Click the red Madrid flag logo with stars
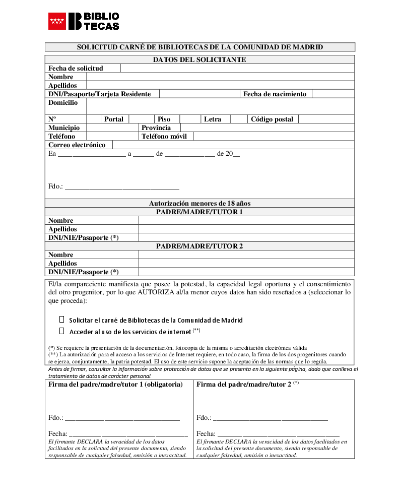(x=57, y=21)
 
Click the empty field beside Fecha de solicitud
(x=237, y=69)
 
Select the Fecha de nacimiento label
(x=275, y=94)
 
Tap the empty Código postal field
(x=326, y=119)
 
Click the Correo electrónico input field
(x=233, y=145)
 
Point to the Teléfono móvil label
(x=164, y=137)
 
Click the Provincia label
(x=156, y=128)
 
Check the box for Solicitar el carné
(x=62, y=320)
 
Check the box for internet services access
(x=62, y=331)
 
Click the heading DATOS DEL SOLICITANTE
(x=199, y=60)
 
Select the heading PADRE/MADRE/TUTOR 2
(x=199, y=246)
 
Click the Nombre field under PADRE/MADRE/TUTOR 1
(x=246, y=221)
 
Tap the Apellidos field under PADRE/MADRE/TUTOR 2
(x=246, y=264)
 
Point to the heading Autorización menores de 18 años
(x=199, y=204)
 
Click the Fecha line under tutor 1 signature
(x=128, y=434)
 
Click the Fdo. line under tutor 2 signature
(x=270, y=418)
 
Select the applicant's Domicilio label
(x=63, y=103)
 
